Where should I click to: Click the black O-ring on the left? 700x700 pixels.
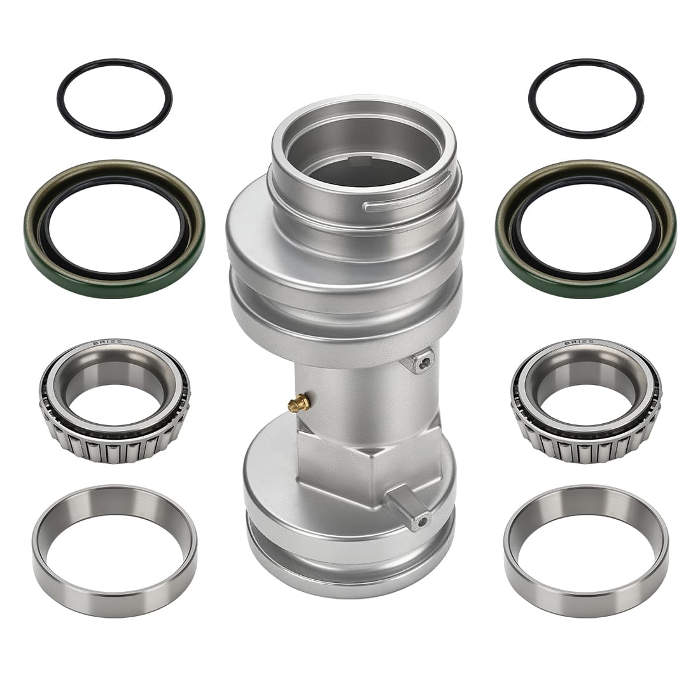pyautogui.click(x=115, y=72)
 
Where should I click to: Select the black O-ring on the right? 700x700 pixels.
pyautogui.click(x=585, y=72)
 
